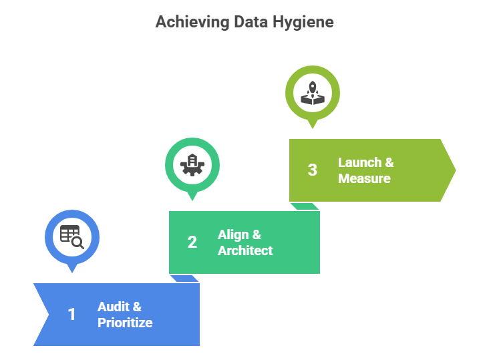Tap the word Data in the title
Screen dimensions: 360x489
(250, 22)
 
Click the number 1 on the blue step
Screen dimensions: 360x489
(72, 315)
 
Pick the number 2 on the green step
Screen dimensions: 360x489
(192, 242)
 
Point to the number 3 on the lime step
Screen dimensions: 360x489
(313, 170)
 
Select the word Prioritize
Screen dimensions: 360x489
(125, 323)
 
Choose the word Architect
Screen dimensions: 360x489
(245, 251)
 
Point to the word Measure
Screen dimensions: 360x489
(364, 179)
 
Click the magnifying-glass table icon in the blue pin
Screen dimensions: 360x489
(71, 236)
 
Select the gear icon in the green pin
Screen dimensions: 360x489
(192, 164)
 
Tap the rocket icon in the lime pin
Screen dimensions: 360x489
(313, 92)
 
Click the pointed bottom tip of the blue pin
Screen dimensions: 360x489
(72, 273)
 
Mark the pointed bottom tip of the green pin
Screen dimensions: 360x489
(192, 200)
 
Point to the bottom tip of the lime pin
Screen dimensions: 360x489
(313, 128)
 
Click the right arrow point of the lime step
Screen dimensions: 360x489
(456, 170)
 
